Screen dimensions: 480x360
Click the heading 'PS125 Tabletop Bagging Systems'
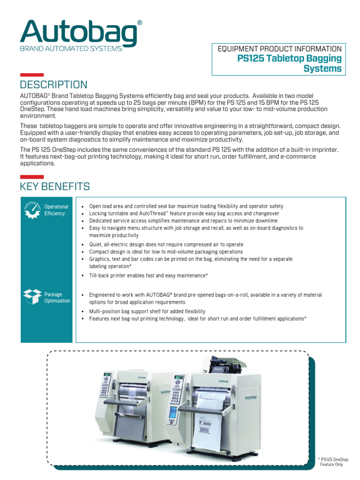point(290,64)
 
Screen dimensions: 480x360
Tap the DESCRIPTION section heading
point(53,85)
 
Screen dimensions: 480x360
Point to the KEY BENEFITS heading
point(55,187)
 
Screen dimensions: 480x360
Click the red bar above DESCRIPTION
point(32,75)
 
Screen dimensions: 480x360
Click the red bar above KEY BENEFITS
point(32,177)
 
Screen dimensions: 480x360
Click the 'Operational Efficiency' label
point(56,210)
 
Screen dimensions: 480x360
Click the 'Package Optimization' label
point(57,298)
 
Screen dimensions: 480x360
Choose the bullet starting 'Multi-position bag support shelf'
point(147,311)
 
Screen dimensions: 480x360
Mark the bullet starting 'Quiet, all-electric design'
point(166,245)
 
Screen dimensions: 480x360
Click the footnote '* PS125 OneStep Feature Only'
point(333,462)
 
